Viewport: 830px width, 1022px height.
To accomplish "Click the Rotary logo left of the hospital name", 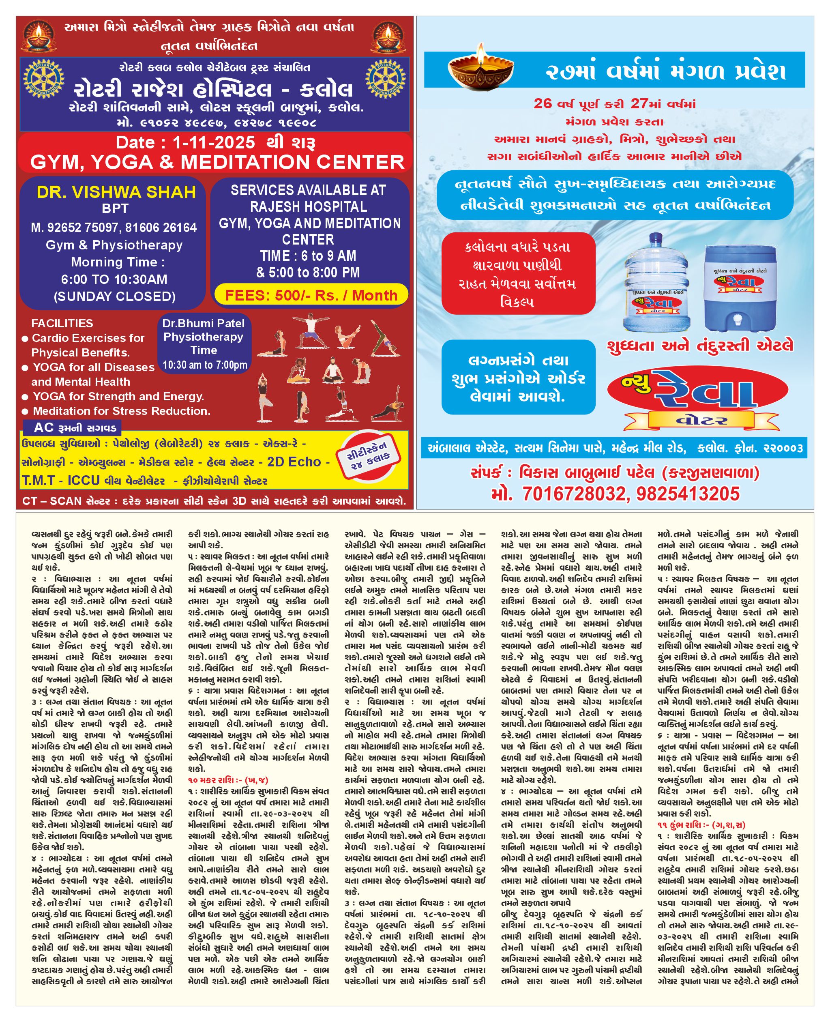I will pos(44,79).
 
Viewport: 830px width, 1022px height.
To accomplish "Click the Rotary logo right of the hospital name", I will pos(385,79).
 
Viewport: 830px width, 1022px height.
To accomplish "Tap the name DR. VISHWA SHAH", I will pos(116,192).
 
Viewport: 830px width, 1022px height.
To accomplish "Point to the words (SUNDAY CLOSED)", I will pos(115,296).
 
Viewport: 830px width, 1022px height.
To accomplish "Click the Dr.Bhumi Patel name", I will pos(203,323).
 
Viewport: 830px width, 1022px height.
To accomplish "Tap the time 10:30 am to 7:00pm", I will pos(205,365).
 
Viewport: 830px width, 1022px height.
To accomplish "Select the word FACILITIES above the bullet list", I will pos(62,323).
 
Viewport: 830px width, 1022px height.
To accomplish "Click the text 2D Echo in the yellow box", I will pos(294,462).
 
